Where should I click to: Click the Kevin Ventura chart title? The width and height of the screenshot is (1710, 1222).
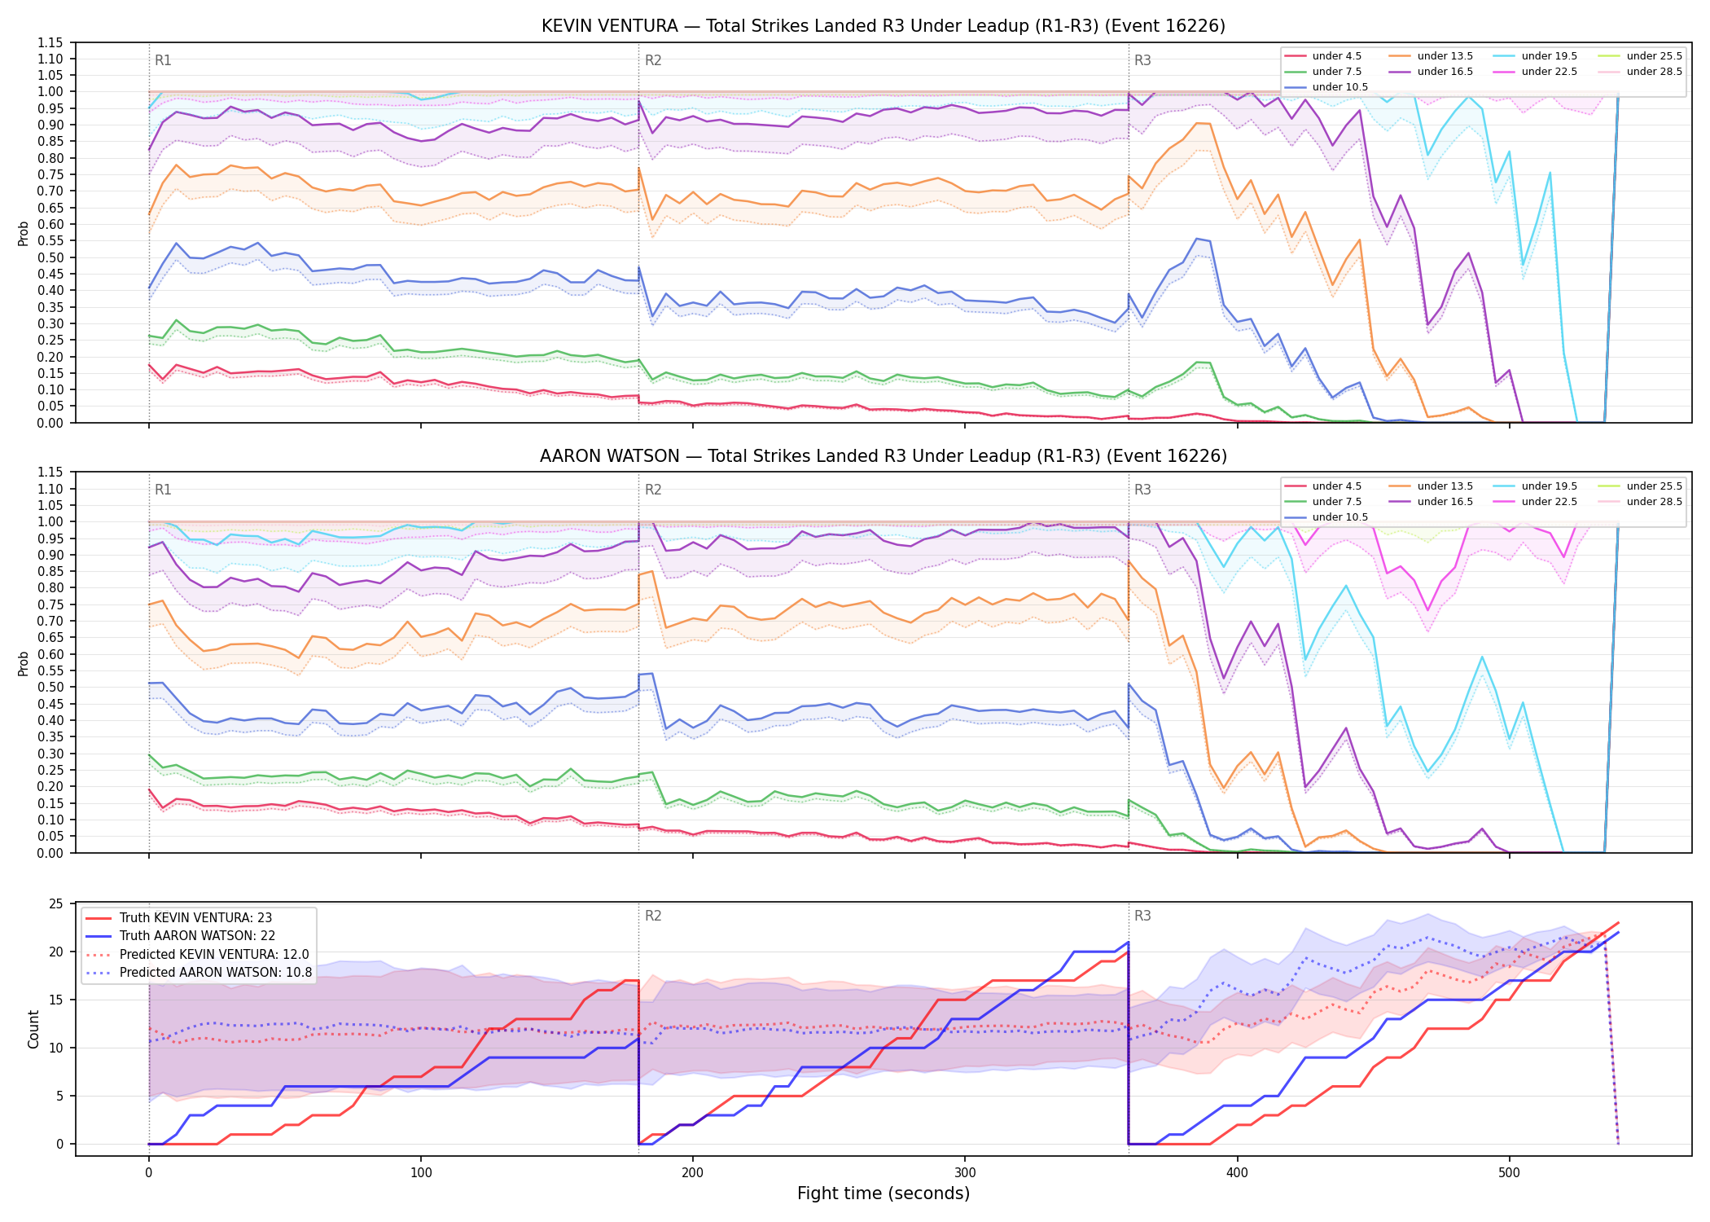tap(883, 26)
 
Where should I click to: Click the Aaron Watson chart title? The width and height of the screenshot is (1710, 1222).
tap(883, 456)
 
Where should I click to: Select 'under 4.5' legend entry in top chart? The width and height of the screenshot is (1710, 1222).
tap(1322, 56)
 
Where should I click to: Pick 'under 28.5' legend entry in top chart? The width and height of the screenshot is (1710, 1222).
tap(1637, 72)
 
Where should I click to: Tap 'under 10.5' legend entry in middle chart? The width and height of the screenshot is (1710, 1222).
tap(1326, 517)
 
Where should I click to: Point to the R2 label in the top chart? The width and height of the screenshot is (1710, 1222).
tap(653, 60)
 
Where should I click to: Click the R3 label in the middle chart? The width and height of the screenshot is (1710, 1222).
tap(1142, 490)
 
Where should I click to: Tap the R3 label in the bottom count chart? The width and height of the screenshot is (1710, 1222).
tap(1142, 916)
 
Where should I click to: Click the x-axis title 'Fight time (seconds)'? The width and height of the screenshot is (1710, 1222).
tap(883, 1193)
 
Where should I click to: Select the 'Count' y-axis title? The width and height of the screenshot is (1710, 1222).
tap(33, 1029)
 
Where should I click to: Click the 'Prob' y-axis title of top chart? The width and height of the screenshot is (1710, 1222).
tap(24, 233)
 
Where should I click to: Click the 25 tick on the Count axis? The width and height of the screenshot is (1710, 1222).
tap(56, 903)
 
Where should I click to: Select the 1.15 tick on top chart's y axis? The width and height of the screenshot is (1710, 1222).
tap(50, 42)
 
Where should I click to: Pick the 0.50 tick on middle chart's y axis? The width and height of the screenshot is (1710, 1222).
tap(50, 687)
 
